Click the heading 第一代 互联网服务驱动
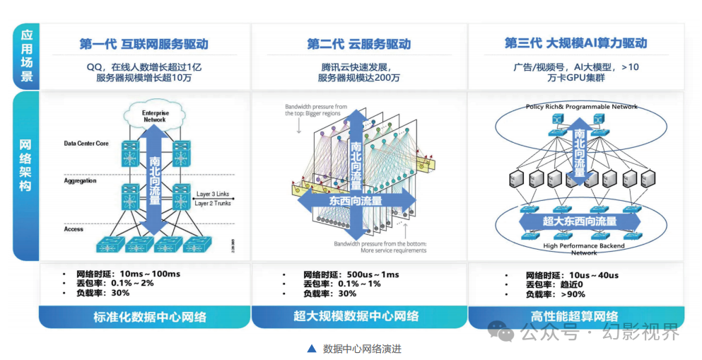point(144,44)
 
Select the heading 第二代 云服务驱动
point(358,44)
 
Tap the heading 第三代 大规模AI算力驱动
point(575,43)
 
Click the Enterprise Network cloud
point(154,115)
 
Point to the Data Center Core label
point(86,144)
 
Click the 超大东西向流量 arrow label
point(580,221)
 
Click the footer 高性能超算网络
point(575,316)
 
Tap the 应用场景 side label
point(27,56)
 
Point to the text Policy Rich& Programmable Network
point(581,107)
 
